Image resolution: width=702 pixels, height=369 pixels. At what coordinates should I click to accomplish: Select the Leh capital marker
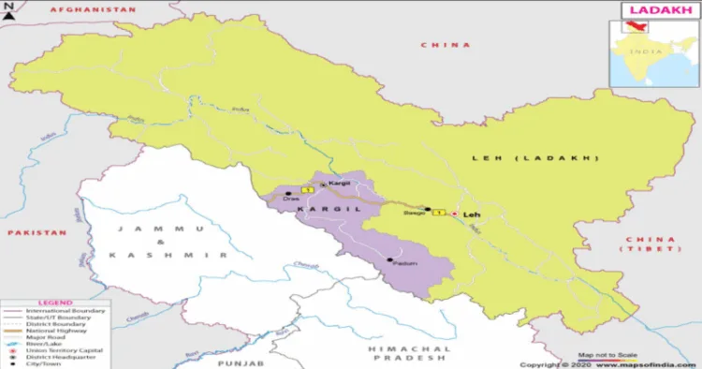(455, 214)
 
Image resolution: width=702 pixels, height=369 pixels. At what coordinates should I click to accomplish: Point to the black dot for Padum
(389, 258)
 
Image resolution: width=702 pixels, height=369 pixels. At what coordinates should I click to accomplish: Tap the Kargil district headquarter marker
(323, 184)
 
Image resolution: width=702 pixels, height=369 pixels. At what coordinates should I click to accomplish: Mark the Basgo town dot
(428, 209)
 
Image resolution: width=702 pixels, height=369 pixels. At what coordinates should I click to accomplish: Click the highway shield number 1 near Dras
(304, 190)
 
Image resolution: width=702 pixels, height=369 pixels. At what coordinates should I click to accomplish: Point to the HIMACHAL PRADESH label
(412, 353)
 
